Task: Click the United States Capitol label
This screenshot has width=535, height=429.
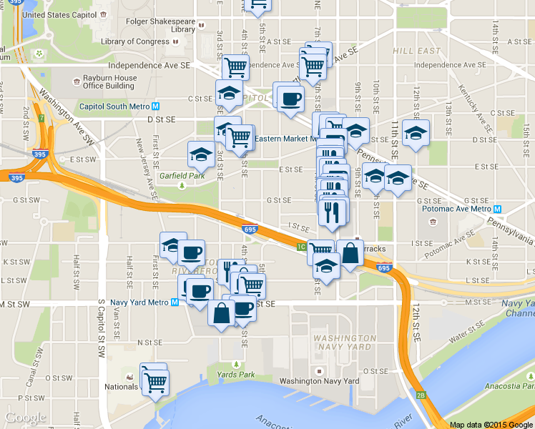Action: click(59, 14)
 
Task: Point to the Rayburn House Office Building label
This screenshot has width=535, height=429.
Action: click(109, 82)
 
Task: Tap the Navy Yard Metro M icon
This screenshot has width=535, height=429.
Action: click(175, 302)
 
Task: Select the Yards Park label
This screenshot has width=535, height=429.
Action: click(235, 374)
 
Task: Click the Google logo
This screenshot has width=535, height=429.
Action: click(26, 418)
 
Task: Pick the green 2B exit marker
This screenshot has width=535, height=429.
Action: click(421, 395)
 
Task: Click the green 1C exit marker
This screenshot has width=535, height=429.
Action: click(302, 247)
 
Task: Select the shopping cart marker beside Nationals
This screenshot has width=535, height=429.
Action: click(155, 380)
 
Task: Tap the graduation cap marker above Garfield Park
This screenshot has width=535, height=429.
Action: click(201, 154)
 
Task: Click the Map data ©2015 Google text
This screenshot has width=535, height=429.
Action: click(491, 424)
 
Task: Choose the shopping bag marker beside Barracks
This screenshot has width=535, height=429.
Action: click(350, 254)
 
